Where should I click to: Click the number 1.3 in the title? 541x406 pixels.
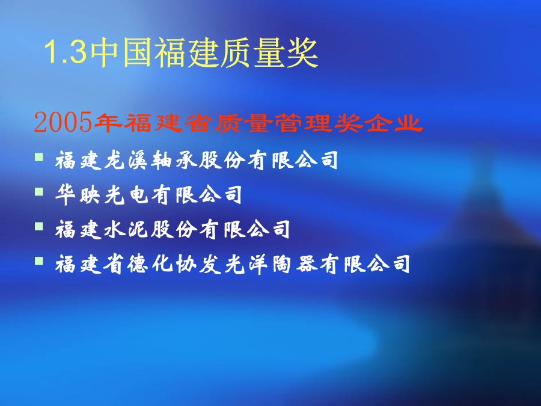coord(65,52)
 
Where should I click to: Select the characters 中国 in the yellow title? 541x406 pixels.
coord(121,52)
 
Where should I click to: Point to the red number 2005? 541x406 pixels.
coord(63,122)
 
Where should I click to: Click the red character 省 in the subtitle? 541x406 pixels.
coord(198,123)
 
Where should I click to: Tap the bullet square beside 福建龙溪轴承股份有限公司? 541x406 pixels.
coord(39,157)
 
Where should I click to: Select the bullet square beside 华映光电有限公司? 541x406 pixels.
coord(39,192)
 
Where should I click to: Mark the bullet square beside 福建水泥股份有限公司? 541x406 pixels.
coord(39,227)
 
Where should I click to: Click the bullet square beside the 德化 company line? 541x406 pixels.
coord(39,261)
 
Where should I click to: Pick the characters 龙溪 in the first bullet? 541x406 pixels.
coord(125,160)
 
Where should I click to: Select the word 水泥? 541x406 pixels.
coord(125,230)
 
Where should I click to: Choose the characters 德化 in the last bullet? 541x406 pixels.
coord(150,264)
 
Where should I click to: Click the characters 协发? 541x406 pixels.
coord(198,264)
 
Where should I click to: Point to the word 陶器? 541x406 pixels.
coord(295,264)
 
